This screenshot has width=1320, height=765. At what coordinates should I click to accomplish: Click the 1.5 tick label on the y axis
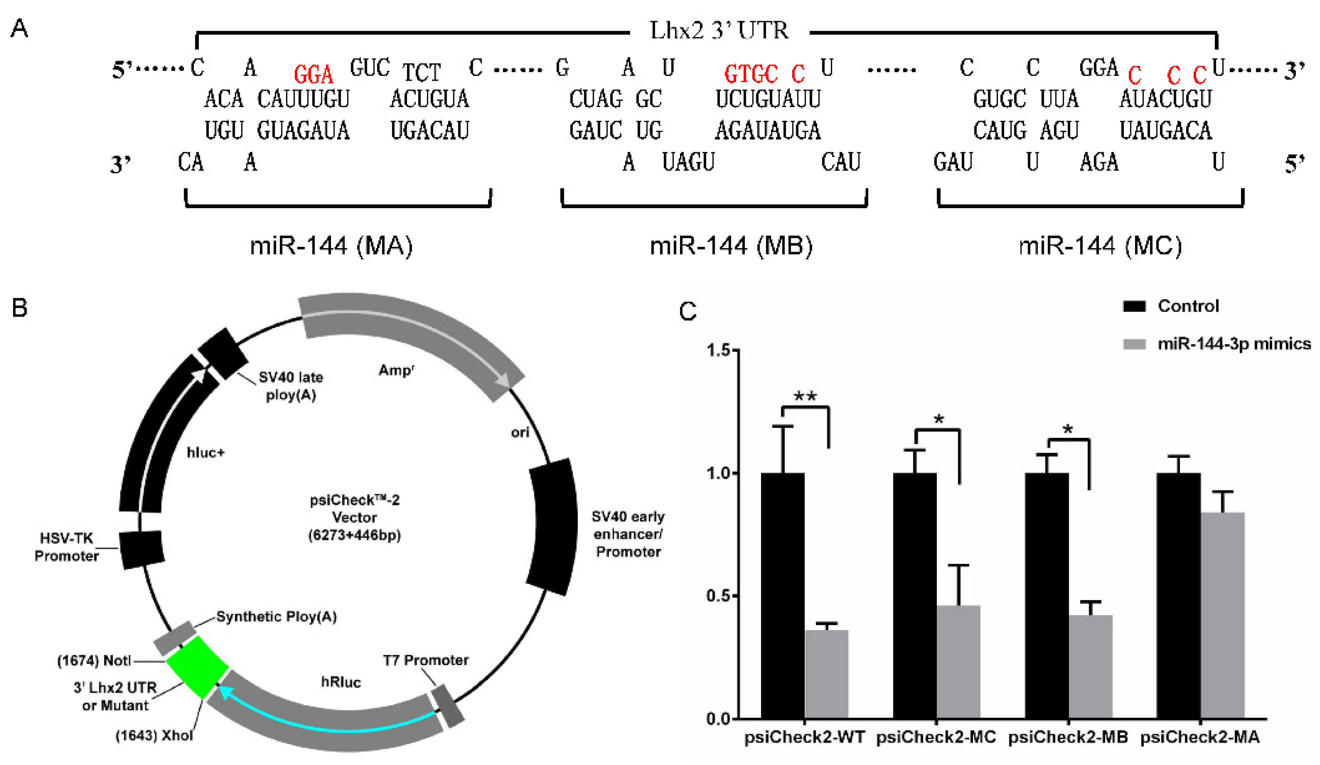[719, 350]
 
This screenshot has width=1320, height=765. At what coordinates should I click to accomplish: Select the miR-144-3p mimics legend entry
[1234, 344]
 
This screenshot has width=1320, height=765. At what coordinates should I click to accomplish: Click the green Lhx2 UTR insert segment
[197, 667]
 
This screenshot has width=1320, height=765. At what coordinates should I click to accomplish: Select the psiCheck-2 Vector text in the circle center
[355, 517]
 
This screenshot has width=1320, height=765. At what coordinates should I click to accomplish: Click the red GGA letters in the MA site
[313, 74]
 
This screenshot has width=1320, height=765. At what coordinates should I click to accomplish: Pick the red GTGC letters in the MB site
[750, 74]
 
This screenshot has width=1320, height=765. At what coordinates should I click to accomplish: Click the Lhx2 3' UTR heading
[719, 31]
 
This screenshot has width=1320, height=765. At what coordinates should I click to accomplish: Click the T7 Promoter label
[425, 660]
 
